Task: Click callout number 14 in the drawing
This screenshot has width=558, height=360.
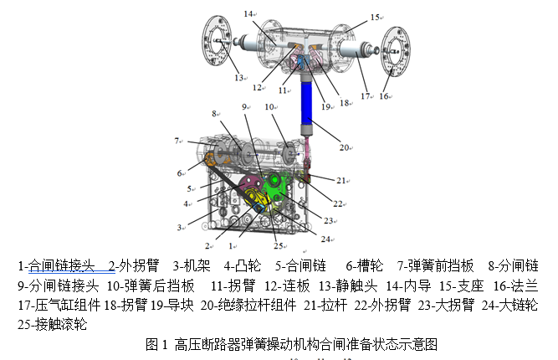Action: (248, 14)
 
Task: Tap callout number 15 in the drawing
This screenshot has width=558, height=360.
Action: (375, 16)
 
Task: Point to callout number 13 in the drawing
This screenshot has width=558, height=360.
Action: (239, 78)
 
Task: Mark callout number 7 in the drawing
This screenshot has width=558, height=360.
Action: (177, 141)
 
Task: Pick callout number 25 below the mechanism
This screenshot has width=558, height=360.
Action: (278, 246)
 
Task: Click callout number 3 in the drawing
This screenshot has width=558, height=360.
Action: (179, 227)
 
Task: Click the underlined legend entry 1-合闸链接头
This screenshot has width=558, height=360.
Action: (62, 266)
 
